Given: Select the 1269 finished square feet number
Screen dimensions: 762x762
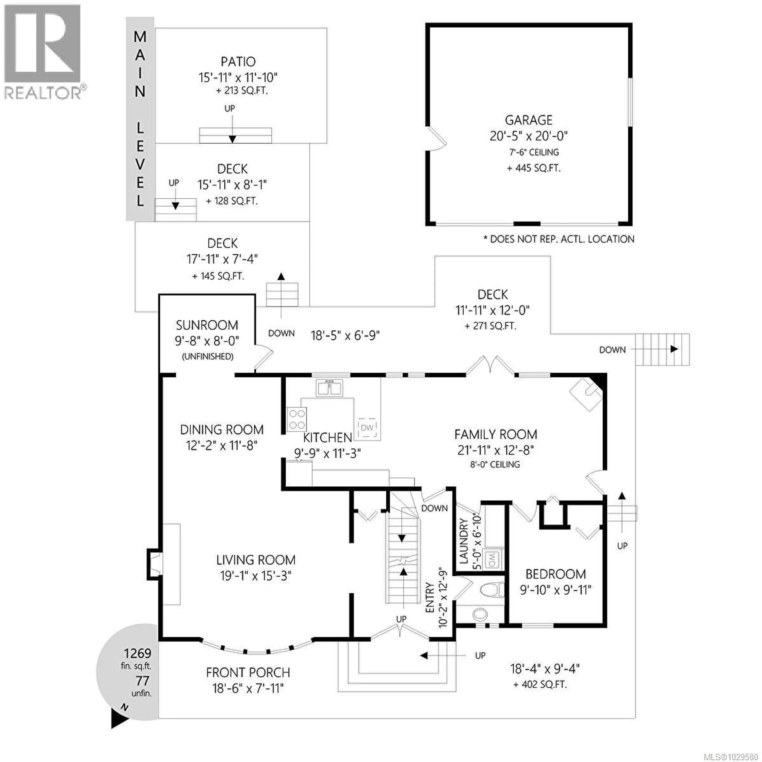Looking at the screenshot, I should (137, 653).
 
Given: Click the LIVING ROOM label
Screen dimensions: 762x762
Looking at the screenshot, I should (256, 560).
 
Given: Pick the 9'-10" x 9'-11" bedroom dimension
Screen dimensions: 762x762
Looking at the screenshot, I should (555, 590).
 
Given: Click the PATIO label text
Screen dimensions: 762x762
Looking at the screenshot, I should (238, 62).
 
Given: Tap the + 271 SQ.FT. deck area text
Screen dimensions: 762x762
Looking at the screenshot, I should (490, 326).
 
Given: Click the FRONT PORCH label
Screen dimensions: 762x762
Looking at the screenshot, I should (248, 673).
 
